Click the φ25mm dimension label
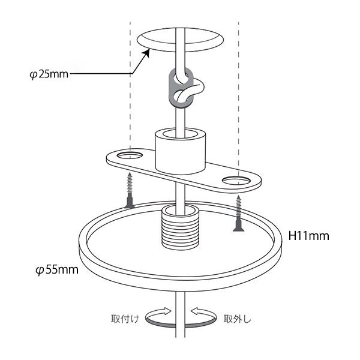49,74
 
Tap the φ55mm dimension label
57,269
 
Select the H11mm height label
308,236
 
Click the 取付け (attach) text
125,319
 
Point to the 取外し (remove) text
238,319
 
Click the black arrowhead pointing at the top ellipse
146,53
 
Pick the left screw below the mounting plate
130,190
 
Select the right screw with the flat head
239,213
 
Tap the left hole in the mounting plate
130,155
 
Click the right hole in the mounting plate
236,181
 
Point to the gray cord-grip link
181,88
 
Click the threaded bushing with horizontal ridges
180,227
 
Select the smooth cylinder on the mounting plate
180,151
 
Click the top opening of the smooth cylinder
180,134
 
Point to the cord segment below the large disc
180,314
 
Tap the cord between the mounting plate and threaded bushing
180,193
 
